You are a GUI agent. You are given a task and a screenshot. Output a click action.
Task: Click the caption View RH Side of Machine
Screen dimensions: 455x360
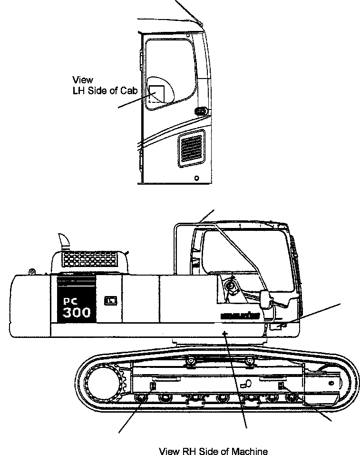213,451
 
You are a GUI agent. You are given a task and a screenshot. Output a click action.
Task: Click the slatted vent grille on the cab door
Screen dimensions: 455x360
191,151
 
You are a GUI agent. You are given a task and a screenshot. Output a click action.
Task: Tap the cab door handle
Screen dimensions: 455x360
201,111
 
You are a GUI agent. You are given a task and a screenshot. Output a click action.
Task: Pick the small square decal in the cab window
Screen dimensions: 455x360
156,94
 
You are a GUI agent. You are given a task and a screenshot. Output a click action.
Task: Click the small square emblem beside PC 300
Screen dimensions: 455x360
110,301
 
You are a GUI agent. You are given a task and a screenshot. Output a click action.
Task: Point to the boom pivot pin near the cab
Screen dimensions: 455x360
232,286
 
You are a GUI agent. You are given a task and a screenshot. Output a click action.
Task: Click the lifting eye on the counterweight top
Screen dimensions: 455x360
31,272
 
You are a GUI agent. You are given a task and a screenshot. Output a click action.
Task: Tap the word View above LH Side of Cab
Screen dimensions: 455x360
83,79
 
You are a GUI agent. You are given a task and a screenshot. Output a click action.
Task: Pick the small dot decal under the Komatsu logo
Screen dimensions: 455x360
226,333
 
